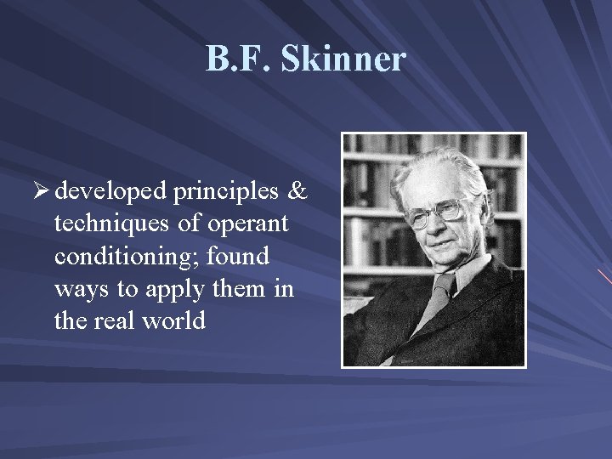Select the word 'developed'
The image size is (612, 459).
(109, 193)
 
